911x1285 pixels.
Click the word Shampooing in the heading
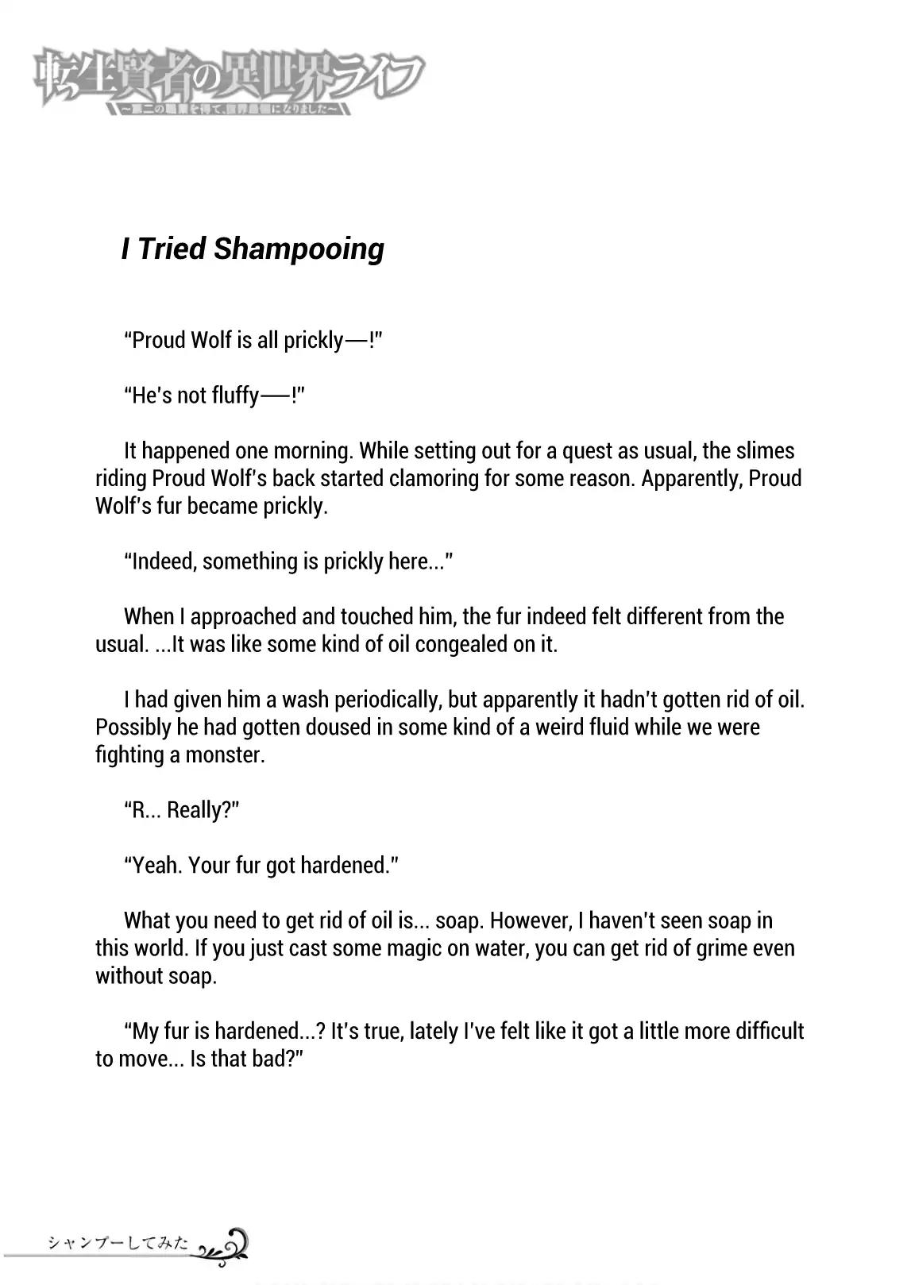[x=299, y=249]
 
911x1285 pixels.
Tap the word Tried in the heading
[x=173, y=248]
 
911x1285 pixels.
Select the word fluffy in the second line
[x=234, y=396]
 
